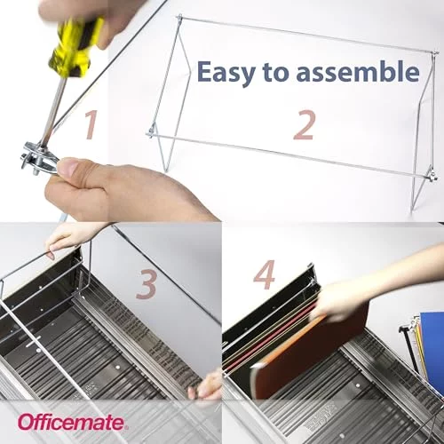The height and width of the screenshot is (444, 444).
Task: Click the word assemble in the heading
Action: coord(358,71)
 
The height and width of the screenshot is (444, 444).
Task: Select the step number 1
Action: coord(91,124)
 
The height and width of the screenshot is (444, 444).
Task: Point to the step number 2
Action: coord(304,125)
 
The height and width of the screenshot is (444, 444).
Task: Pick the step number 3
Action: coord(147,285)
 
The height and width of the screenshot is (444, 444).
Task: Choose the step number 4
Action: coord(264,274)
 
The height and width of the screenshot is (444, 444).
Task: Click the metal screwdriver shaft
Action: coord(52,109)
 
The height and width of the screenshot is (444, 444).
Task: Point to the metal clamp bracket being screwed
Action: coord(38,157)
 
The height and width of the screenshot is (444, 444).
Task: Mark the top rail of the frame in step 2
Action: coord(307,36)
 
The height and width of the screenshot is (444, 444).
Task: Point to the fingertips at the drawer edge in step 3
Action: coord(206,385)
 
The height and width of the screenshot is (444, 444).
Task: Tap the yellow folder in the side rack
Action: coord(418,344)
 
